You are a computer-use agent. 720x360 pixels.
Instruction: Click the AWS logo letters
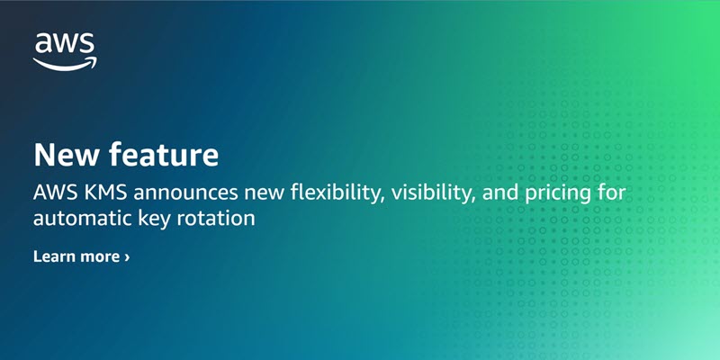point(65,43)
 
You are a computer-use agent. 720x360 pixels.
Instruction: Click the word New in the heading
point(65,155)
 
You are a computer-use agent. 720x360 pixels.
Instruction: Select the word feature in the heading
point(164,155)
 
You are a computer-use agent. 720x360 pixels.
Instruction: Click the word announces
point(185,193)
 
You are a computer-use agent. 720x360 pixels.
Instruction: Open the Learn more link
point(81,256)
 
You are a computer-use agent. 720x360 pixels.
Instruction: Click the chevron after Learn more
point(127,256)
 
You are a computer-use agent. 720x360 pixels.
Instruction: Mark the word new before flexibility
point(264,194)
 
